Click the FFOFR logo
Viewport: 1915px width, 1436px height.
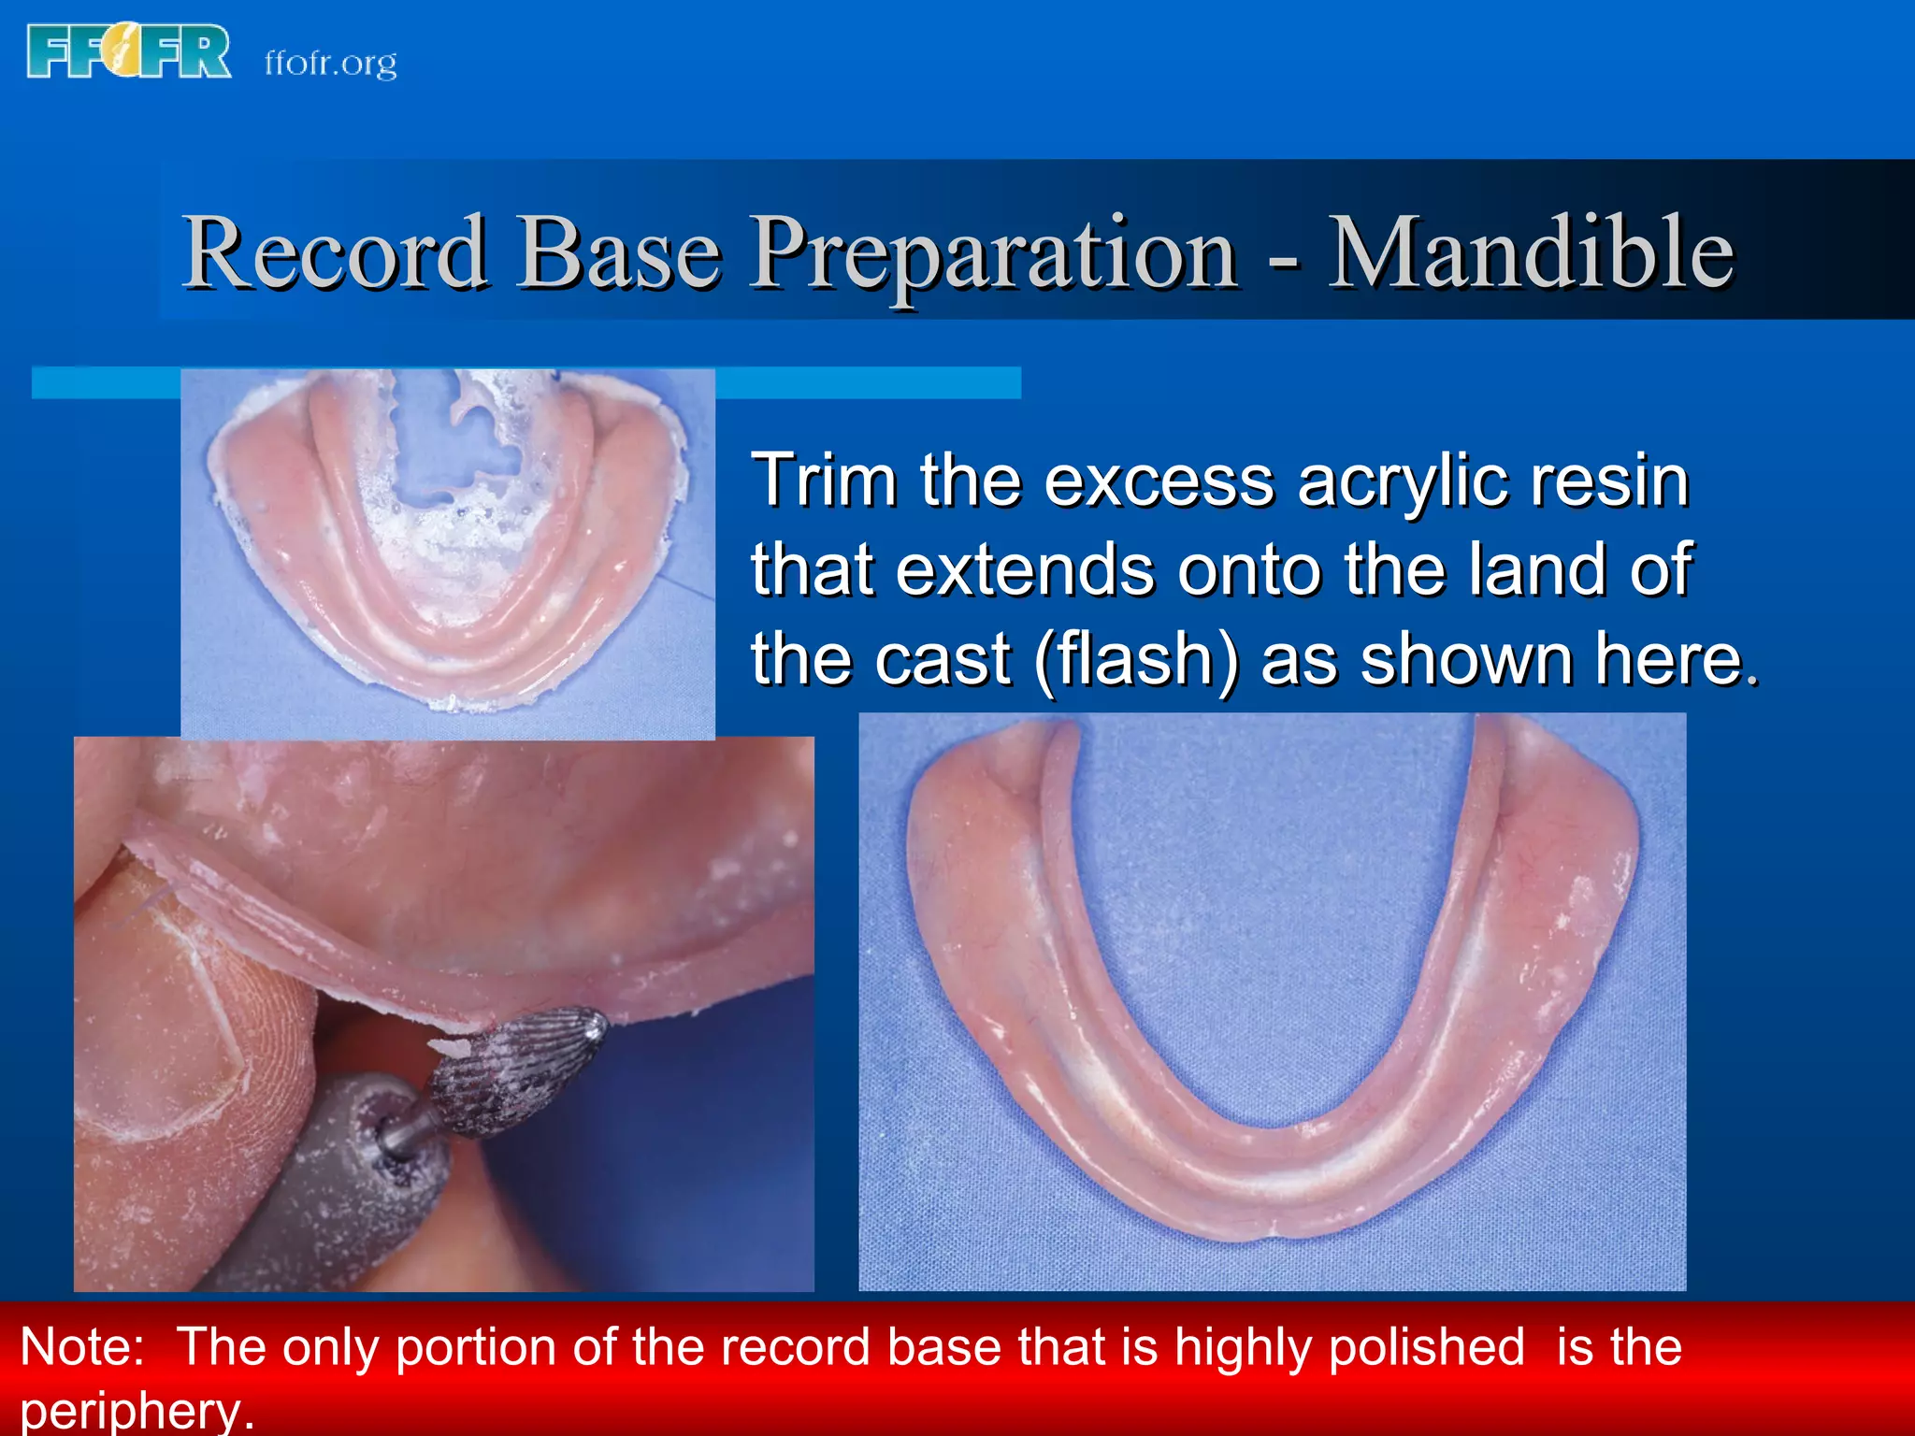pyautogui.click(x=129, y=52)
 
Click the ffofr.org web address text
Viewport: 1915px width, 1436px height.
pyautogui.click(x=330, y=64)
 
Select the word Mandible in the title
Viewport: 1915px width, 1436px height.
pyautogui.click(x=1531, y=252)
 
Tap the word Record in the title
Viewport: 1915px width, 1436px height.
pyautogui.click(x=335, y=252)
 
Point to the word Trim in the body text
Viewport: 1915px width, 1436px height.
pyautogui.click(x=824, y=481)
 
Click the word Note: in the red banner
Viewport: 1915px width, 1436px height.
pyautogui.click(x=82, y=1347)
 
